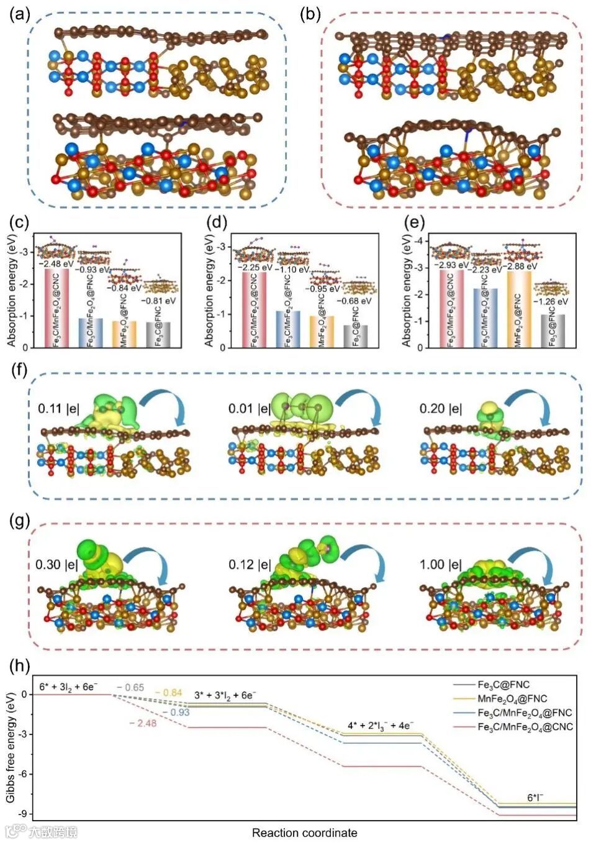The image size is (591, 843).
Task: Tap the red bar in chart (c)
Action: (x=57, y=308)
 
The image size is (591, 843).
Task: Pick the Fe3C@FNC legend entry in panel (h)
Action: (x=503, y=685)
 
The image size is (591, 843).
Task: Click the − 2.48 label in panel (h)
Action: (x=143, y=723)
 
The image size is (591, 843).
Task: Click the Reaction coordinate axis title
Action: (x=304, y=832)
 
